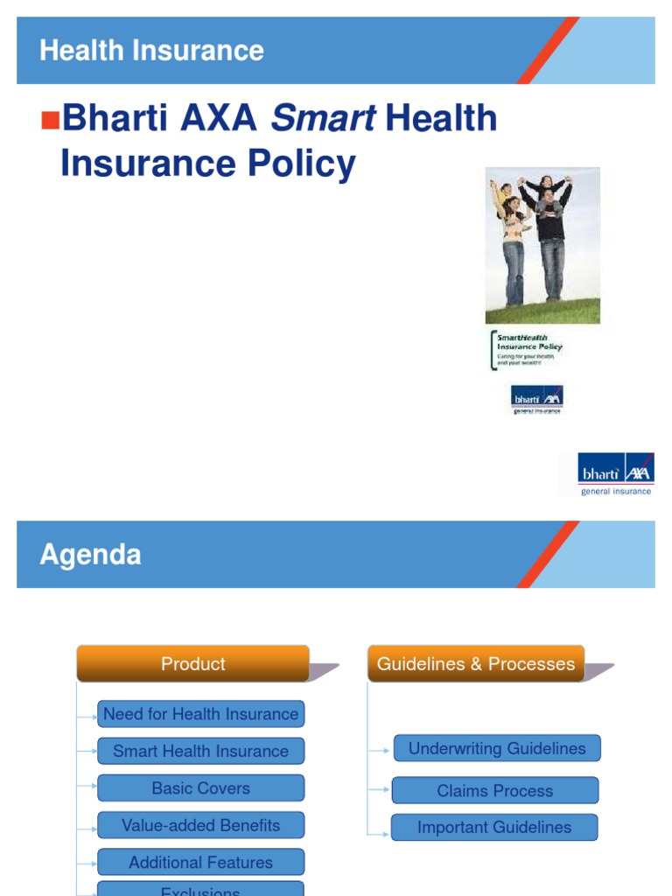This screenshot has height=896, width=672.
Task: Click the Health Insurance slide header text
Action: point(151,51)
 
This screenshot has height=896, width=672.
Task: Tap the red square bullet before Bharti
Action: point(49,118)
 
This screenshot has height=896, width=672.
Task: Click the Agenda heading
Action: point(90,555)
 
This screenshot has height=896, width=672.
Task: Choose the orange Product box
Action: point(192,664)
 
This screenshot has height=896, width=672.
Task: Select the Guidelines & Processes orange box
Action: point(476,664)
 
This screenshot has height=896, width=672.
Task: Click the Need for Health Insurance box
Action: point(200,714)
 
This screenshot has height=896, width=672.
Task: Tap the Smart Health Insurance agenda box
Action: point(200,751)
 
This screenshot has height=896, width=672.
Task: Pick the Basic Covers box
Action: point(200,788)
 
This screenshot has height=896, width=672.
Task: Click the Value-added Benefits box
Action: point(200,825)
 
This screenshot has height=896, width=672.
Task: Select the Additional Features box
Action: point(200,863)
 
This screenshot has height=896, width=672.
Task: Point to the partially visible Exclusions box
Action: point(200,889)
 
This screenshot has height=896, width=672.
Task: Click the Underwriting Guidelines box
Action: point(496,749)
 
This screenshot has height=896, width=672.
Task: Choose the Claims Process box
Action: point(494,791)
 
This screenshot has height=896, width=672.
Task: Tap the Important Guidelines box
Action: point(493,828)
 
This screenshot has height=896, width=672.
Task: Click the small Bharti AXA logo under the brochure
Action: point(536,400)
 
